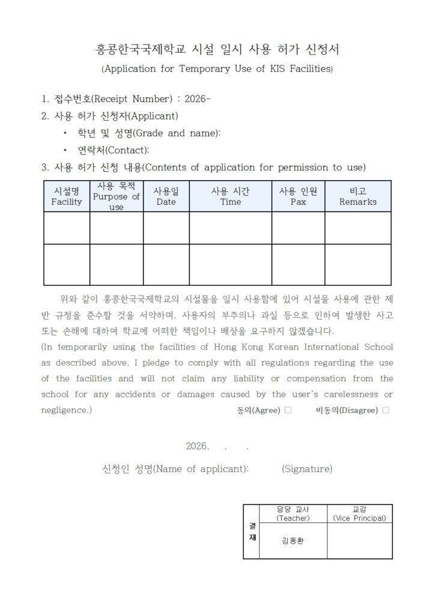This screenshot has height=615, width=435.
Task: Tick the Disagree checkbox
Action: [386, 410]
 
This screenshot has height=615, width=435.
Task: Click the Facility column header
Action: [67, 196]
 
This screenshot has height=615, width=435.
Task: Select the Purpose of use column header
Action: [117, 196]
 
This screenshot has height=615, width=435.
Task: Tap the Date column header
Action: [166, 196]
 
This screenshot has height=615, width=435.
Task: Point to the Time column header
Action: [231, 196]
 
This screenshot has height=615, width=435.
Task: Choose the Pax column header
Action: [298, 196]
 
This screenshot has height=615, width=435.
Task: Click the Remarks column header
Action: [358, 196]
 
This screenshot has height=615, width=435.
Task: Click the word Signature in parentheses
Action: [307, 468]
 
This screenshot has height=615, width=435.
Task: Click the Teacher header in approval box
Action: [293, 514]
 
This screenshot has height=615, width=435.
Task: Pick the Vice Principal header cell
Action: [359, 514]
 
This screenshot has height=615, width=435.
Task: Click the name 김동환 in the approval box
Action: [293, 541]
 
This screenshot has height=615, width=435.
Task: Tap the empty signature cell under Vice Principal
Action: [359, 541]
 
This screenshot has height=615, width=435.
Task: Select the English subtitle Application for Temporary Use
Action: [218, 68]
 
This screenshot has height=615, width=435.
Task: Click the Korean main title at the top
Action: [218, 49]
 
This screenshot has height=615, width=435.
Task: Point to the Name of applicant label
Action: [176, 468]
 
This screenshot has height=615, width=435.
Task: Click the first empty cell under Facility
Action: [67, 228]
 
